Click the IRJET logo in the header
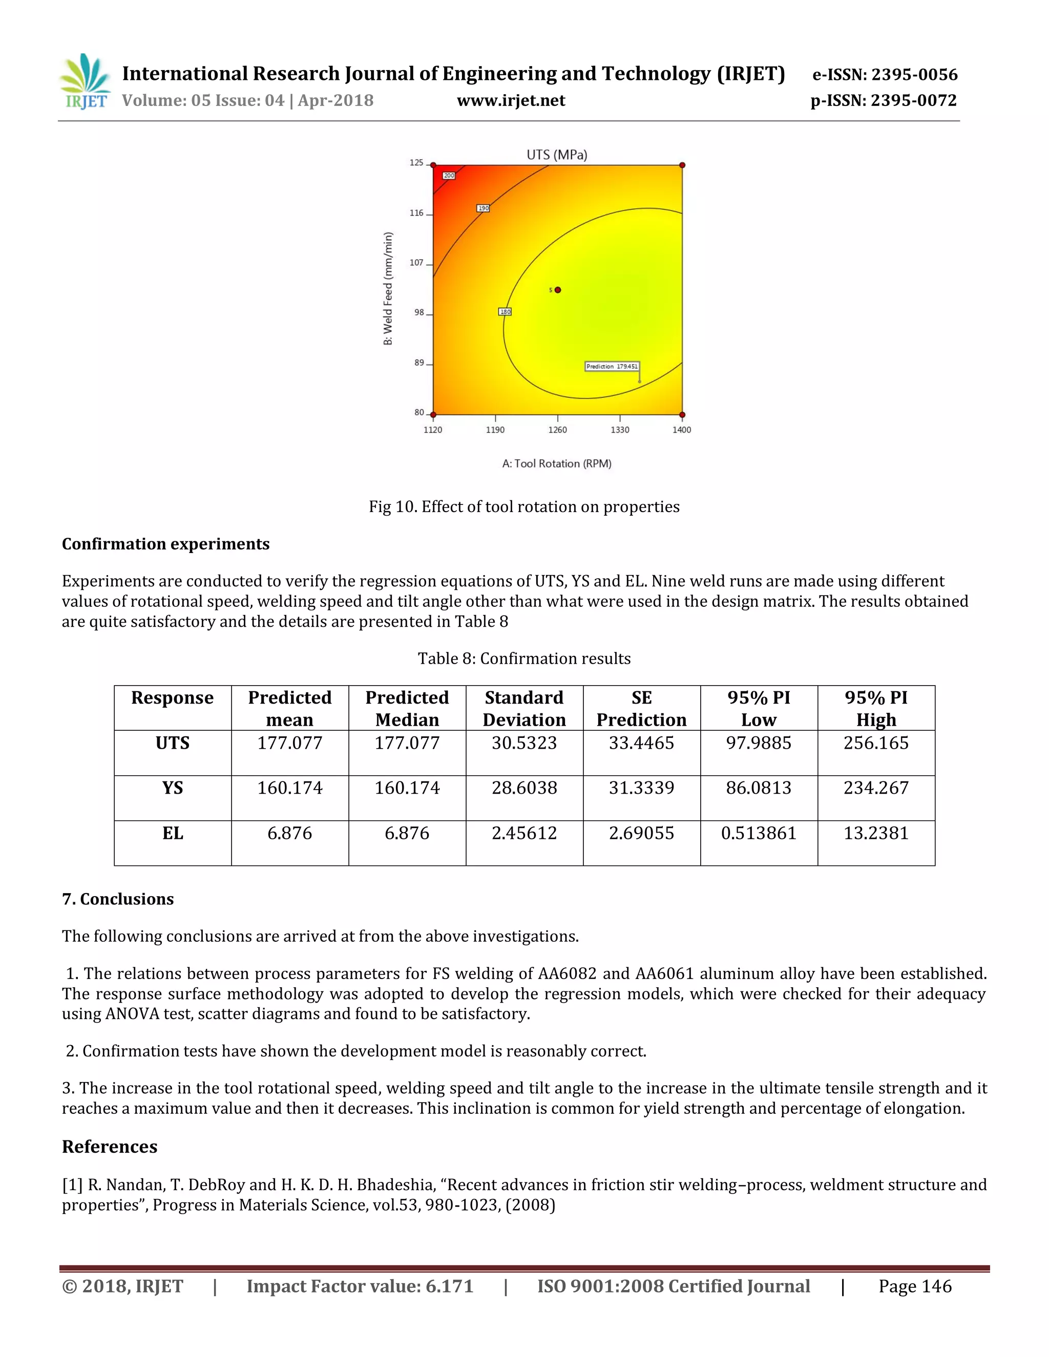pos(86,81)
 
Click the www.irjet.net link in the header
pos(510,101)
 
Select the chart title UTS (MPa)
pos(556,155)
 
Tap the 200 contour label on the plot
pos(449,176)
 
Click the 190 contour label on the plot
pos(483,208)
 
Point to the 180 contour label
pos(505,312)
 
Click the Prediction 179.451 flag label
pos(612,367)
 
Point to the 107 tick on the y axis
pos(416,263)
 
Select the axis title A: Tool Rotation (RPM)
pos(556,463)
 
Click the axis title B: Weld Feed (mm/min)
pos(388,288)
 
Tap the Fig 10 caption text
pos(524,507)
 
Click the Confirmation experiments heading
pos(165,544)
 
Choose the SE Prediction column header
pos(641,708)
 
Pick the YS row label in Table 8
pos(172,788)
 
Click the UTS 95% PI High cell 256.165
pos(875,743)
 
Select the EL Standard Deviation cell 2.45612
pos(524,833)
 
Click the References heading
pos(110,1147)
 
